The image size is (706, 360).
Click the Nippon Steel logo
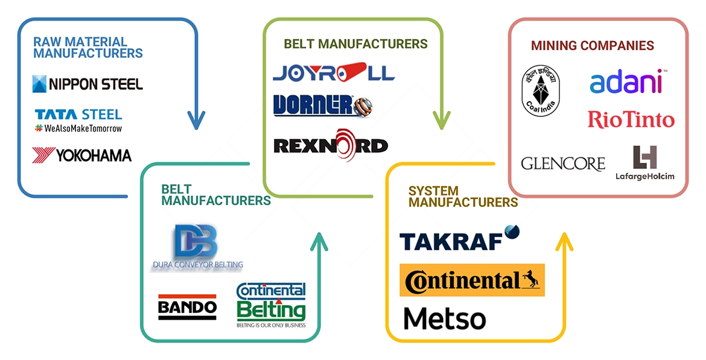coord(87,84)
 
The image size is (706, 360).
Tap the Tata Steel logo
coord(78,119)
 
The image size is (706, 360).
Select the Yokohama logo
coord(81,156)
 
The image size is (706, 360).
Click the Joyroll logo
coord(334,73)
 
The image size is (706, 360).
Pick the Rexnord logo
coord(331,145)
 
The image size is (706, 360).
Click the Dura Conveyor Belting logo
coord(197,248)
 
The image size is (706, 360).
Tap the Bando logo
coord(187,307)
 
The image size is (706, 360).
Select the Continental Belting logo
coord(271,305)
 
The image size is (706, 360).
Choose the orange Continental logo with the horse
coord(472,280)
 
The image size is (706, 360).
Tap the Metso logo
coord(444,318)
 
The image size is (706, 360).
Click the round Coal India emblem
coord(540,90)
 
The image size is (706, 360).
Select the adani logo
coord(626,83)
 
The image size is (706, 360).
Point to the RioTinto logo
coord(631,119)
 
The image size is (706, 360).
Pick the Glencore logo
coord(563,163)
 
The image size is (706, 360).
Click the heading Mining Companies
coord(592,46)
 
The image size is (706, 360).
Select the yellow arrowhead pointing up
coord(564,242)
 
